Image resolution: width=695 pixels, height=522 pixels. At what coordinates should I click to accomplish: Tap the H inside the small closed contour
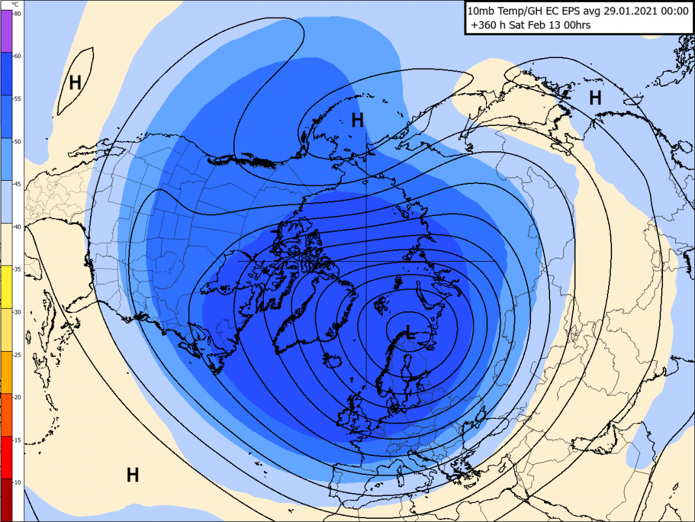75,83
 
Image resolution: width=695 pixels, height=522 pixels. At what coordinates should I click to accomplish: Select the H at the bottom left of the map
133,474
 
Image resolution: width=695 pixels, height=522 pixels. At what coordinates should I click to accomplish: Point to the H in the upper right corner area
595,98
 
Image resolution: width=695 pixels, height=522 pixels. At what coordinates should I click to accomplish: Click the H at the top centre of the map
357,120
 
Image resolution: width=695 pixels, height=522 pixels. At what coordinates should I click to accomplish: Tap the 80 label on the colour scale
17,13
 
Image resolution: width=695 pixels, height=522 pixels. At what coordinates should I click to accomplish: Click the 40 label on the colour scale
17,226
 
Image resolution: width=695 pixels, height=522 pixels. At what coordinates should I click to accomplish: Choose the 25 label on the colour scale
17,354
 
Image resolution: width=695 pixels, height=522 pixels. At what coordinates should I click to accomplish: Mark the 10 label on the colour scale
17,482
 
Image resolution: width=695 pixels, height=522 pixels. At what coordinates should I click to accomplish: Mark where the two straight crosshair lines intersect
366,261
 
